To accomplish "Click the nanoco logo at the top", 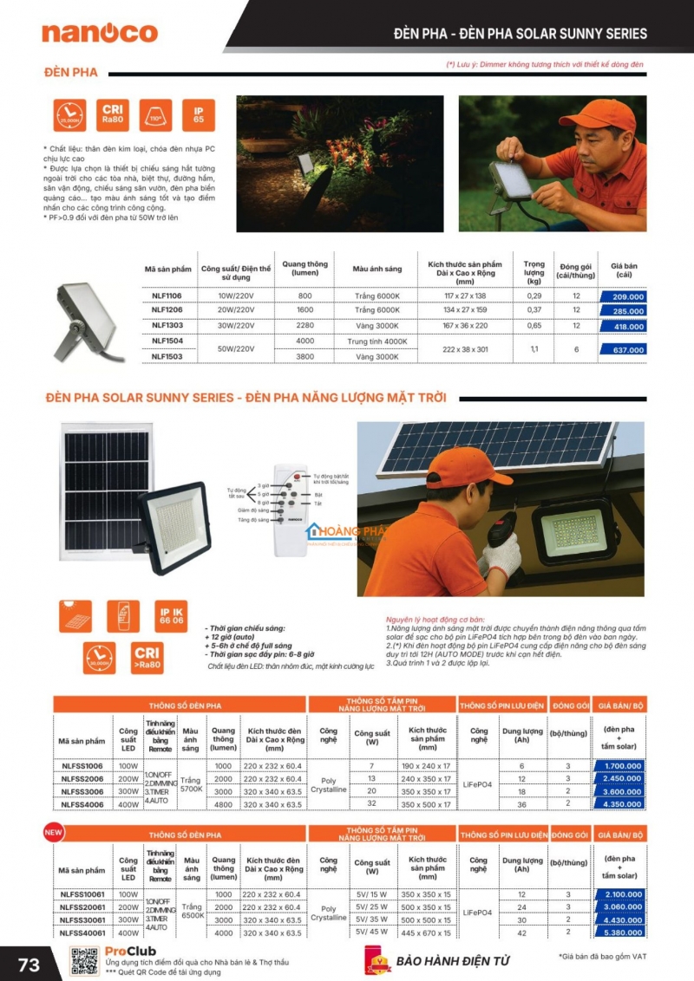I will (100, 33).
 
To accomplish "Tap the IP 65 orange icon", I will (199, 114).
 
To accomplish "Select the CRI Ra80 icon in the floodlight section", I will (113, 114).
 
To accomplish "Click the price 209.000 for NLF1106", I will (623, 296).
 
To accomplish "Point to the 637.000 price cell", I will (623, 349).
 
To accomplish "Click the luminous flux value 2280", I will (305, 326).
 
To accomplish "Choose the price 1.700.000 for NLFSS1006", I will (619, 766).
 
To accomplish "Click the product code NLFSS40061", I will (82, 932).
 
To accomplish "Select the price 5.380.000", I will (619, 932).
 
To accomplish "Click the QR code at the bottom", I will (84, 962).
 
